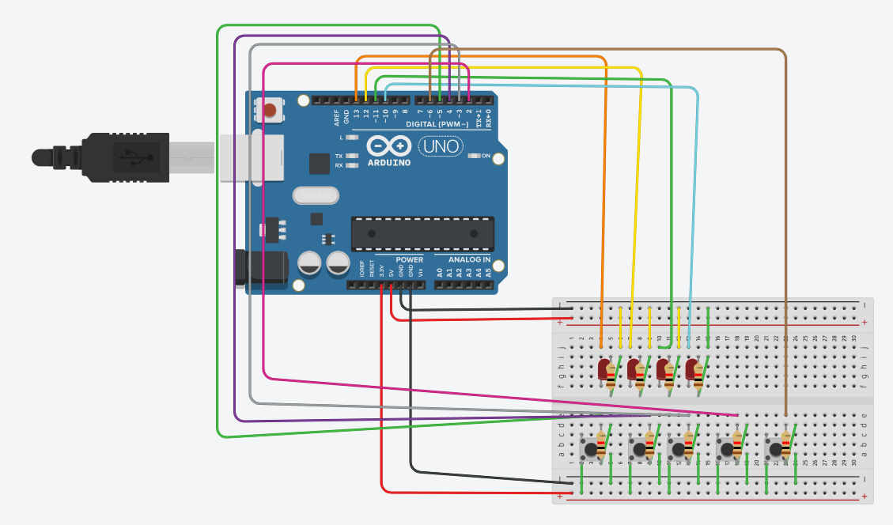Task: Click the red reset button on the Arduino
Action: [271, 111]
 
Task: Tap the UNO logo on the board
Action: [441, 146]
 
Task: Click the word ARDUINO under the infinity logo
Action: [389, 163]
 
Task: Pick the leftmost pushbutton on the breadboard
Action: [589, 450]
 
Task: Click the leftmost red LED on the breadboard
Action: [605, 369]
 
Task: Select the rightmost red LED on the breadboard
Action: [691, 369]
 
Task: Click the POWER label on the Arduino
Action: [410, 259]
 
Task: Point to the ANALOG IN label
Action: [470, 259]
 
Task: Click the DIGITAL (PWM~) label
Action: [442, 125]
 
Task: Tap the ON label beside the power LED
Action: [486, 156]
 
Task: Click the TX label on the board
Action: [339, 156]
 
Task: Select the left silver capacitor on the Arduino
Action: [309, 263]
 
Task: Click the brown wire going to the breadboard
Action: [785, 237]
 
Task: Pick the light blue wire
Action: [697, 198]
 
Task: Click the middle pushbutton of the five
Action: [677, 450]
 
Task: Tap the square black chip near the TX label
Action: [319, 164]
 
